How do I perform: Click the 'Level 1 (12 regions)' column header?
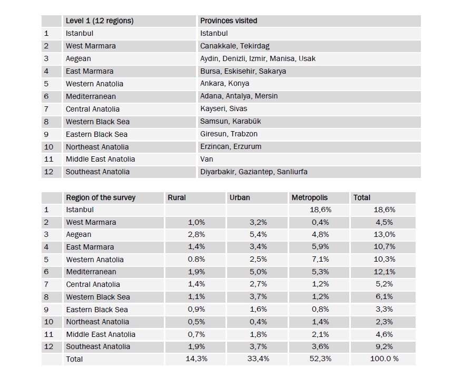point(100,21)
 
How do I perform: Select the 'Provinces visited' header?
point(229,21)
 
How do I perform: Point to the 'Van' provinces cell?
point(207,159)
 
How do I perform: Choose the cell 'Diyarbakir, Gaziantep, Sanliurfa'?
point(254,172)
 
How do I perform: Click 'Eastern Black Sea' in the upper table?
point(96,134)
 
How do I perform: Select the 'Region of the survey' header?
point(101,198)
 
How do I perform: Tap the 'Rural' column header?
point(176,198)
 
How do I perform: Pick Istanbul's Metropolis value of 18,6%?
point(320,210)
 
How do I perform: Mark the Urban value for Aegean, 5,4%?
point(258,235)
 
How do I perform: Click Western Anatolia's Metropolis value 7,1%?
point(320,260)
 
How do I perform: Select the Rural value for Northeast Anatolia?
point(196,322)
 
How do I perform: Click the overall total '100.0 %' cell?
point(385,359)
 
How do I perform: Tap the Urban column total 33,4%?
point(258,359)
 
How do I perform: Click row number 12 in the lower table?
point(48,346)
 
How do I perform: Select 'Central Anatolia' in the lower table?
point(93,284)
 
